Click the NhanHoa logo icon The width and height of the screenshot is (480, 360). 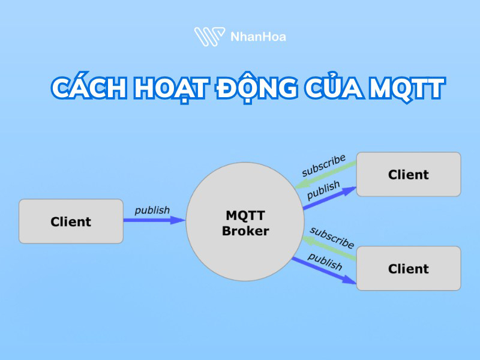(209, 36)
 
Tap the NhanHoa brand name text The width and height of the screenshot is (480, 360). (258, 37)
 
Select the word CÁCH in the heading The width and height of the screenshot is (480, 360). (90, 88)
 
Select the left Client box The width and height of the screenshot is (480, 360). (71, 221)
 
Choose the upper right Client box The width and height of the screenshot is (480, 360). (408, 175)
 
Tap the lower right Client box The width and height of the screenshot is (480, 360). (408, 268)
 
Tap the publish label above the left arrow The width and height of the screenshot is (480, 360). (152, 210)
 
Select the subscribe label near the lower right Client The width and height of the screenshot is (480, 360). (332, 237)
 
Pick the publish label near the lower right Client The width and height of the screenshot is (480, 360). (325, 260)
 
